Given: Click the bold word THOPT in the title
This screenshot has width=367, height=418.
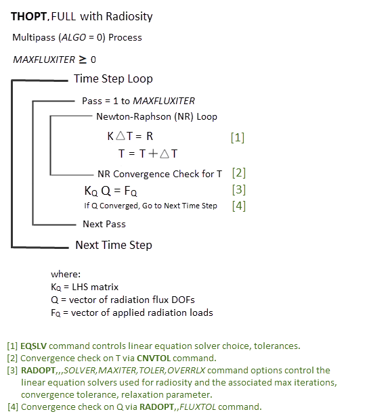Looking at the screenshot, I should pyautogui.click(x=28, y=16).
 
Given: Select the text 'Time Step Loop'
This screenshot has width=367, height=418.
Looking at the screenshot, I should pyautogui.click(x=113, y=78).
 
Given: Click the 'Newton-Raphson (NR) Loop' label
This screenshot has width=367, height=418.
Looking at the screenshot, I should pyautogui.click(x=156, y=116).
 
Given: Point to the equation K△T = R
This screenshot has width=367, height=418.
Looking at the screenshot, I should pyautogui.click(x=130, y=136).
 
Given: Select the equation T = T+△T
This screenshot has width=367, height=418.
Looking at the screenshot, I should pyautogui.click(x=148, y=154).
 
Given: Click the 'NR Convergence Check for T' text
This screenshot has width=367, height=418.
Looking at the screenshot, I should pyautogui.click(x=159, y=174).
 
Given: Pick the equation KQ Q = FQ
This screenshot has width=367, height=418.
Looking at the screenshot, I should pyautogui.click(x=110, y=191).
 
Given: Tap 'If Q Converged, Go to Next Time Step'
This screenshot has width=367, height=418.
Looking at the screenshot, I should pyautogui.click(x=150, y=206).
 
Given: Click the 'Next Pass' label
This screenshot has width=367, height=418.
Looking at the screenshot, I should pyautogui.click(x=104, y=224).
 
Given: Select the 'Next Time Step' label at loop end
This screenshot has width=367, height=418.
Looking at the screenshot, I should pyautogui.click(x=113, y=245).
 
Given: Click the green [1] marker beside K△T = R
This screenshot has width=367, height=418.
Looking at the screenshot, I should pyautogui.click(x=237, y=137).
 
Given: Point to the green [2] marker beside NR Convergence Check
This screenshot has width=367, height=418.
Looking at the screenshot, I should pyautogui.click(x=238, y=172).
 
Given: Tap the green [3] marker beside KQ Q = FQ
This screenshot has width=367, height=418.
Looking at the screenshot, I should pyautogui.click(x=238, y=189).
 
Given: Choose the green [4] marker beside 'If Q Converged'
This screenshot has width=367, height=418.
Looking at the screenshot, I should pyautogui.click(x=238, y=206).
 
